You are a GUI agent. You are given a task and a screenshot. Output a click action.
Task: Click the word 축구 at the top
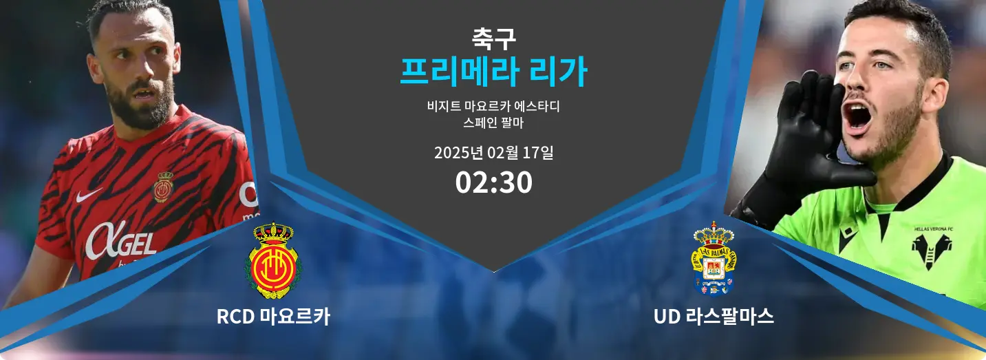point(493,39)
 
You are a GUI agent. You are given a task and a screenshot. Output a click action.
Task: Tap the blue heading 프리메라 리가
point(493,72)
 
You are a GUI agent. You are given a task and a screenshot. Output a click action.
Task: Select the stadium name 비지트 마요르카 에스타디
point(493,106)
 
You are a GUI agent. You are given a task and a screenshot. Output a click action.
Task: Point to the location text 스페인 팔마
point(493,123)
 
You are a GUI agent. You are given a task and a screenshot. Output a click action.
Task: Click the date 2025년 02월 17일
point(493,152)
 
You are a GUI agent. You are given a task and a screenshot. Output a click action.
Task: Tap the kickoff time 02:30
point(493,182)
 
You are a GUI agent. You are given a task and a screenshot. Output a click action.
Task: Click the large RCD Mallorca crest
point(273,261)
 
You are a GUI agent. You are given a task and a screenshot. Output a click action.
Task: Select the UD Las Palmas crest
point(714,260)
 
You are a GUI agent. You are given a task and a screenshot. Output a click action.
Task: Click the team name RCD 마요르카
point(273,317)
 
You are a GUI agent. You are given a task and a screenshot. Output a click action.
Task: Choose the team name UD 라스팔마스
point(714,317)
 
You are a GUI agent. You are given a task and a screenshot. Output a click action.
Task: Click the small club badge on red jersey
point(163,187)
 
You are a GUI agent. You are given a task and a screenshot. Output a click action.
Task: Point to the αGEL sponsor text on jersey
point(120,241)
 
